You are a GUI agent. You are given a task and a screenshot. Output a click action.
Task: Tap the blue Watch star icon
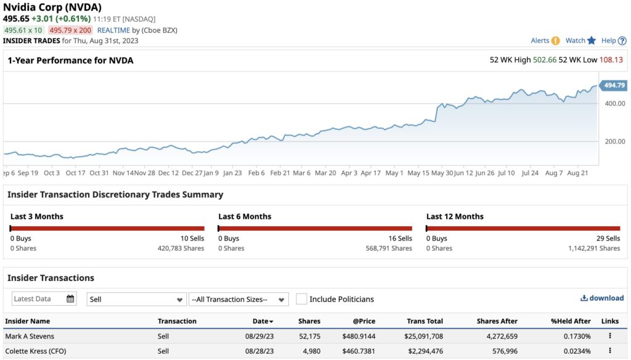[592, 41]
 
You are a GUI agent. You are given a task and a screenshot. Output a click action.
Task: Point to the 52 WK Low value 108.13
[611, 60]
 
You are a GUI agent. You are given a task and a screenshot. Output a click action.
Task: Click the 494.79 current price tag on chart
[614, 86]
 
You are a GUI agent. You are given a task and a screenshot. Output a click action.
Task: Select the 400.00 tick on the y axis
[614, 103]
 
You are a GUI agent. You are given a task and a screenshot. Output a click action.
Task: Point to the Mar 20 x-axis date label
[325, 173]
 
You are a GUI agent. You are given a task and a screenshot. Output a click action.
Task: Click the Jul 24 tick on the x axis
[530, 173]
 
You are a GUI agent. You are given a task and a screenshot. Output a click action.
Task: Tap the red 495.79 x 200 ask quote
[70, 30]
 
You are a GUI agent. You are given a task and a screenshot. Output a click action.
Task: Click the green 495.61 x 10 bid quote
[23, 30]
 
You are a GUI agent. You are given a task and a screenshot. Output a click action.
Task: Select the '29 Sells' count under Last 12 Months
[608, 239]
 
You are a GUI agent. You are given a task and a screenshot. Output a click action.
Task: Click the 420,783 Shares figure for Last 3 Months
[181, 248]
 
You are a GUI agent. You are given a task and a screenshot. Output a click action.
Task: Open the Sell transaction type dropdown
[136, 300]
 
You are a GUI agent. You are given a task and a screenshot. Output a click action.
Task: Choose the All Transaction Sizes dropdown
[238, 300]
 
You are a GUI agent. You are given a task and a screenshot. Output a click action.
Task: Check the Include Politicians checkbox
[301, 299]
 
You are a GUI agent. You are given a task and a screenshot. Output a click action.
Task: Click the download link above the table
[602, 298]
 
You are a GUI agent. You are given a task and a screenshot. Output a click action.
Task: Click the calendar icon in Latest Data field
[70, 299]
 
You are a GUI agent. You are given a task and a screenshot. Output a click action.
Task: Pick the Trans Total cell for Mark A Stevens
[425, 337]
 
